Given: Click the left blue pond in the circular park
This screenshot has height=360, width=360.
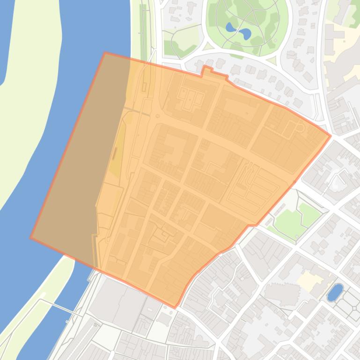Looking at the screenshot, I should (x=230, y=27).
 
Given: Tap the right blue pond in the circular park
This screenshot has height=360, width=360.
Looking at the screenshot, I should (x=245, y=34).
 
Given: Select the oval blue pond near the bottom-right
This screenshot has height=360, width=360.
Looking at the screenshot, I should (x=335, y=292).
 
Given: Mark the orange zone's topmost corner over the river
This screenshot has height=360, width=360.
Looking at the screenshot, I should (x=104, y=53).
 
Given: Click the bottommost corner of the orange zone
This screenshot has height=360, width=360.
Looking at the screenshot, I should (x=175, y=307).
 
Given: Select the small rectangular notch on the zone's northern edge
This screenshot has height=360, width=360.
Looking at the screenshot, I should (x=206, y=70).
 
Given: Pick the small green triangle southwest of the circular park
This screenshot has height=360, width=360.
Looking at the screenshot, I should (x=208, y=46).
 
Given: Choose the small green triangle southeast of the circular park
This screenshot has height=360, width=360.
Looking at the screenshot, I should (x=272, y=59).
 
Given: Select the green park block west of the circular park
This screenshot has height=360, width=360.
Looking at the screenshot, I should (x=180, y=40).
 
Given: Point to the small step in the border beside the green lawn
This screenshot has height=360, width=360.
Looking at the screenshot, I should (x=253, y=225).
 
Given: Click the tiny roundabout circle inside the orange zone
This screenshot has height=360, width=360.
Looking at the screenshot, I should (x=158, y=115).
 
